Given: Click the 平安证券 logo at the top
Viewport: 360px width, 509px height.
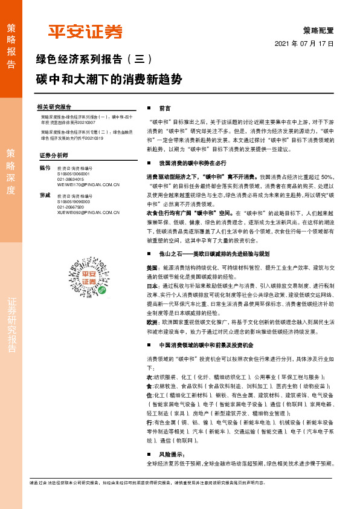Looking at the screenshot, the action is click(85, 31).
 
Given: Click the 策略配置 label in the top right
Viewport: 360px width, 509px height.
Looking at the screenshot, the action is click(318, 30).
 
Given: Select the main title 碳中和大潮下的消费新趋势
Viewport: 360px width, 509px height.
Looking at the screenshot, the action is click(109, 79).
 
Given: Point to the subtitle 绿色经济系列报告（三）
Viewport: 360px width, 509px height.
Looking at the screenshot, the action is click(95, 60).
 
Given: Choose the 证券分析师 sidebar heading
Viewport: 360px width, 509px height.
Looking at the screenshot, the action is click(53, 155).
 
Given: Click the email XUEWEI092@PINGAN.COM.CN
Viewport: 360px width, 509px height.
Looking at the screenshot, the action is click(88, 229).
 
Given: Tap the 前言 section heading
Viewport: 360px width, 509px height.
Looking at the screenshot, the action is click(164, 108).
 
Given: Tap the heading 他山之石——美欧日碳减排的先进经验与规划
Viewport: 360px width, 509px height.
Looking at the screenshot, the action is click(214, 254).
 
